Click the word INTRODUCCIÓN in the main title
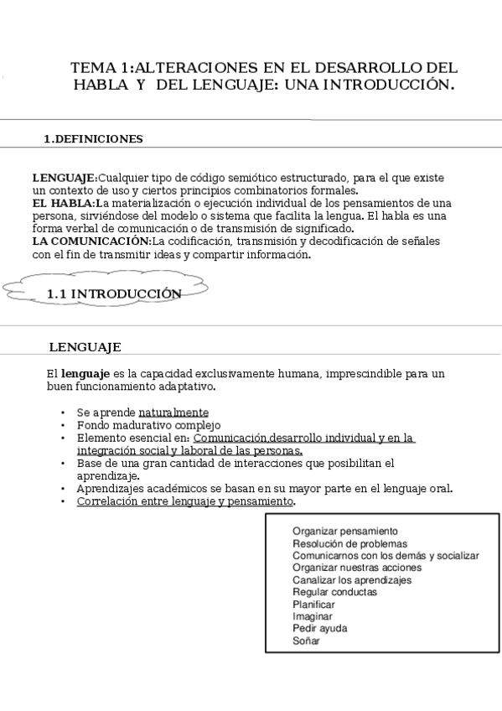tap(388, 85)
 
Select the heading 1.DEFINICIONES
tap(93, 139)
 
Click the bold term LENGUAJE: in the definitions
tap(65, 179)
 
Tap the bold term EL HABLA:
tap(64, 203)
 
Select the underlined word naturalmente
tap(173, 413)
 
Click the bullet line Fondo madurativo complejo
tap(148, 425)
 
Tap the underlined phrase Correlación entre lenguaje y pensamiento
tap(185, 501)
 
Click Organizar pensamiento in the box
tap(344, 531)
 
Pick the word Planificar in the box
tap(313, 604)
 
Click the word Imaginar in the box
tap(312, 616)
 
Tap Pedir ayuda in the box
tap(319, 628)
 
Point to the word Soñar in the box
tap(306, 641)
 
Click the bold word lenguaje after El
tap(85, 373)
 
